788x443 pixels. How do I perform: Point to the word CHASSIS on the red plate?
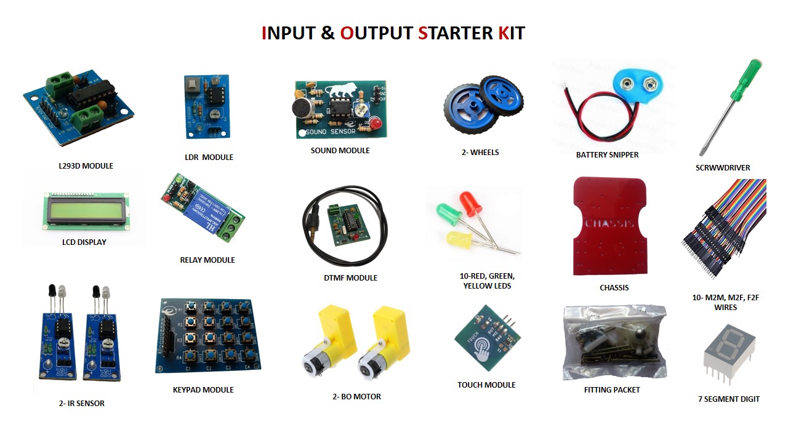(609, 223)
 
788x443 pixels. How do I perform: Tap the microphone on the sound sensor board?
(302, 107)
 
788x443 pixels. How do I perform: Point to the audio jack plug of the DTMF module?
(315, 234)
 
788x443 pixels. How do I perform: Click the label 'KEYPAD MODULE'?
(203, 389)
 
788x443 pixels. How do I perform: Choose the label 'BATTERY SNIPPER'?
(607, 155)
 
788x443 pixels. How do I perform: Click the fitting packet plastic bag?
(613, 341)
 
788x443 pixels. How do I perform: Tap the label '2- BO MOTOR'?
(356, 397)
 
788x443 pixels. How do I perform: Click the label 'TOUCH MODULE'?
(486, 385)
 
